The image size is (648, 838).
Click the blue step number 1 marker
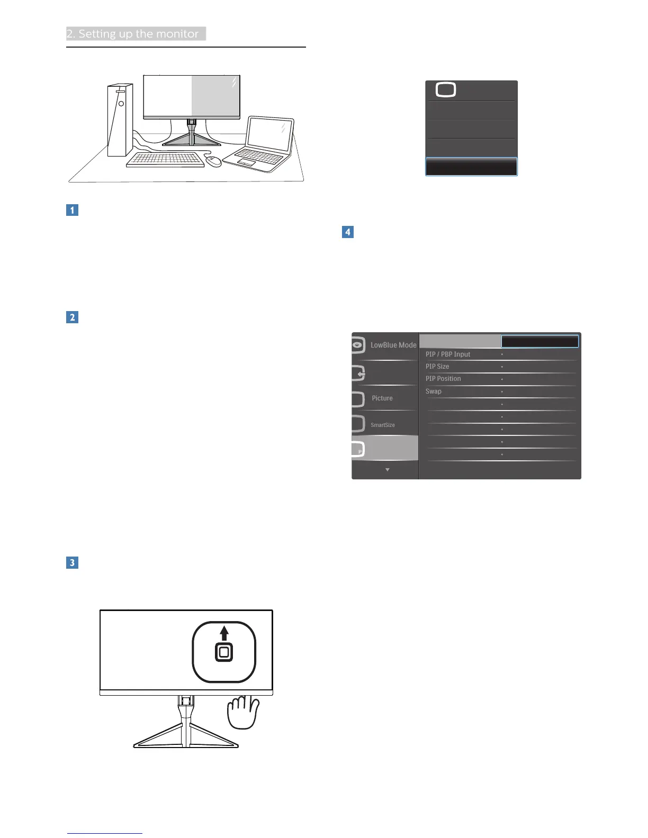click(72, 210)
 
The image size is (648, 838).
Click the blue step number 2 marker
click(72, 317)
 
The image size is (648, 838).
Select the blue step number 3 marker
click(72, 562)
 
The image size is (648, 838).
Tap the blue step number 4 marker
click(347, 232)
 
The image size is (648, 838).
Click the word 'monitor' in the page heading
click(177, 34)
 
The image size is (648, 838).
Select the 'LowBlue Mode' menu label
click(393, 345)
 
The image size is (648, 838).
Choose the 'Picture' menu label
click(382, 398)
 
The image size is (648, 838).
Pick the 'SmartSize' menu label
click(383, 425)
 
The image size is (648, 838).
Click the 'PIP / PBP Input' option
click(448, 354)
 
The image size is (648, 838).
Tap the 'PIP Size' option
click(437, 367)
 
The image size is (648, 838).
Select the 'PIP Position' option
click(443, 379)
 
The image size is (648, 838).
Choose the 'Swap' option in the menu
click(434, 391)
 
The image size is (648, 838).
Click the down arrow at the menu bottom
click(388, 470)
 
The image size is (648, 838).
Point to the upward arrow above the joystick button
click(224, 633)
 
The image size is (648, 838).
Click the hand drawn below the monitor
click(243, 712)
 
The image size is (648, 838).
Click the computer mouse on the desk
click(213, 161)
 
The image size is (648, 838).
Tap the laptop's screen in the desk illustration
click(270, 134)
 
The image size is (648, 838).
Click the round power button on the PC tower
click(121, 104)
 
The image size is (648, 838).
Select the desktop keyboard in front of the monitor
click(165, 159)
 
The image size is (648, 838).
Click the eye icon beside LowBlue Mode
click(358, 345)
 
